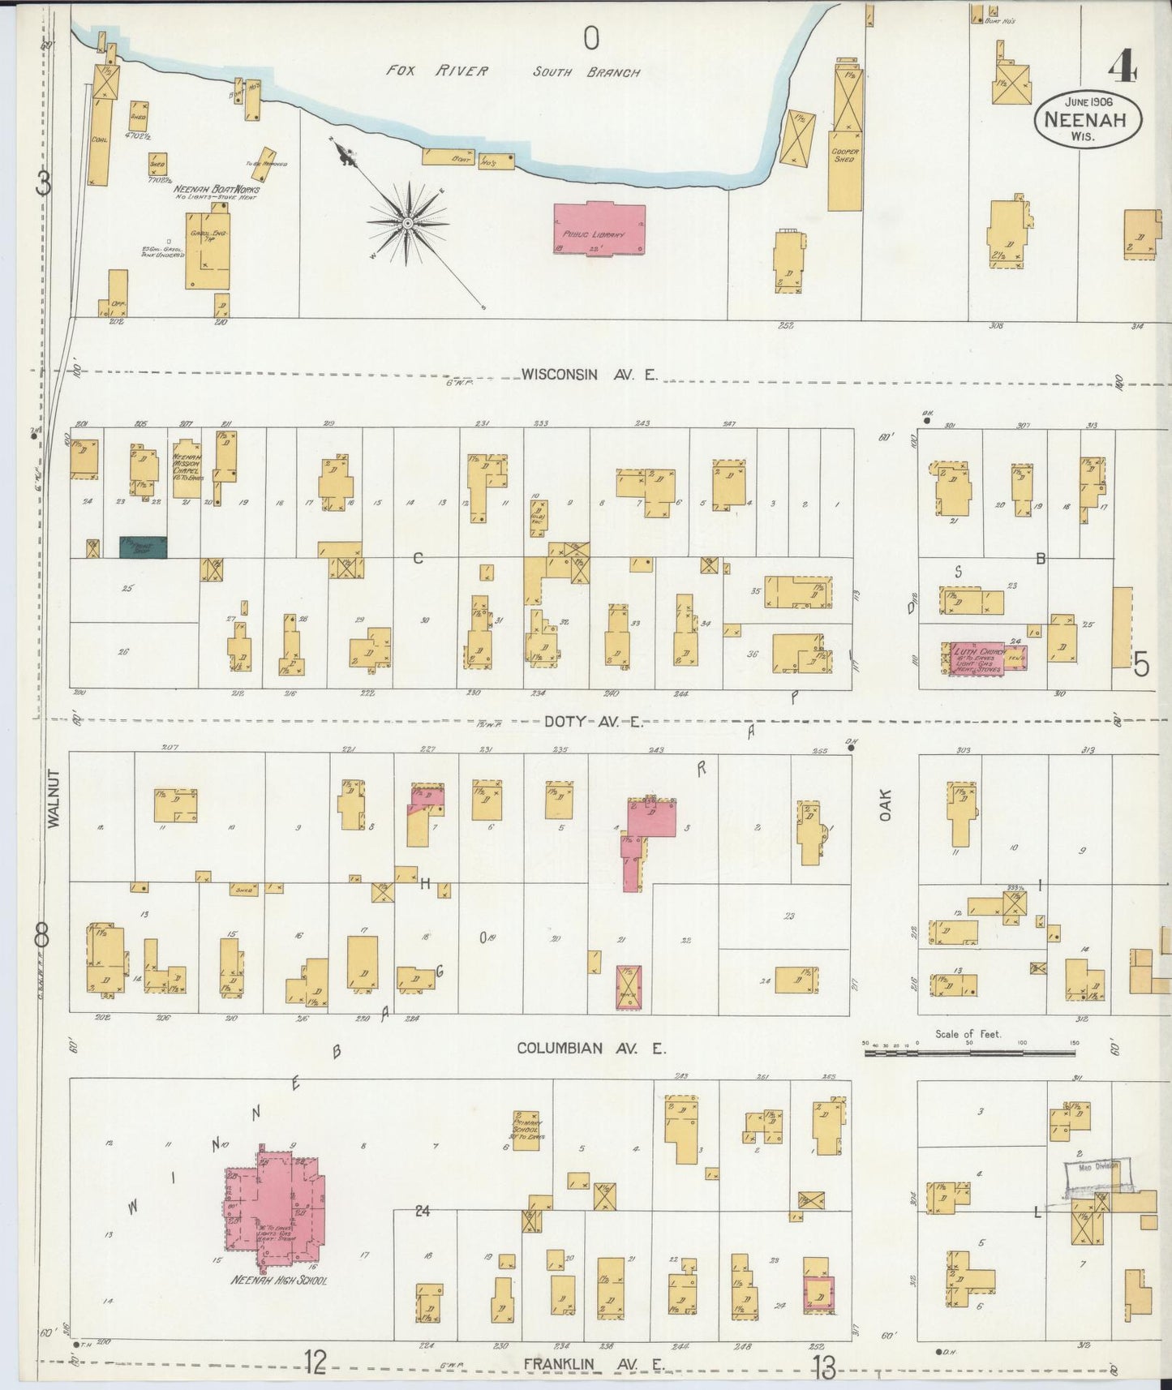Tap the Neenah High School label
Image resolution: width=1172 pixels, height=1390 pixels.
tap(278, 1281)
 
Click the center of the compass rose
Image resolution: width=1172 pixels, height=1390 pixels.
tap(407, 221)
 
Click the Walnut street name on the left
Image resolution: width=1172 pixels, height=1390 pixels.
tap(54, 798)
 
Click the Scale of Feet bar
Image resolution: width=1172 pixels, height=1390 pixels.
tap(969, 1053)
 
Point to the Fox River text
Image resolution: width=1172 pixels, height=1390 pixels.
tap(437, 71)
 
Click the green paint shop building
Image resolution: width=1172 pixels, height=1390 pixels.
tap(144, 547)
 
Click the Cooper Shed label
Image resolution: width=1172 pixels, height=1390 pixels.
tap(844, 154)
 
